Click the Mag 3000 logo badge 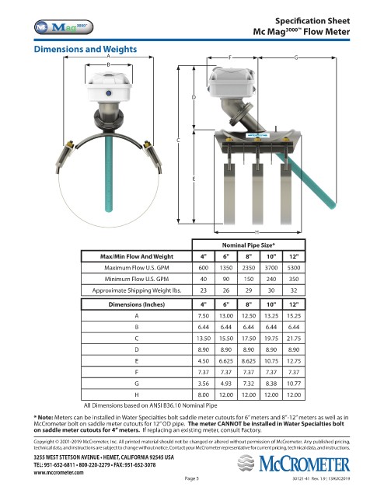pos(64,27)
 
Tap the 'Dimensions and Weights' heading pos(86,49)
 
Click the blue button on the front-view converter pos(109,93)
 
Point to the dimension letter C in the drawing pos(178,140)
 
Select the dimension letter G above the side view pos(296,57)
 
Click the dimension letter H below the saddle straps pos(257,232)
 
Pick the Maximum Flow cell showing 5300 pos(294,268)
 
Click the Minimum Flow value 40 pos(204,280)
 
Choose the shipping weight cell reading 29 pos(249,290)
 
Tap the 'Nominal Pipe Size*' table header pos(249,245)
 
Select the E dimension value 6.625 pos(226,361)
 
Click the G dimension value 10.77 pos(294,384)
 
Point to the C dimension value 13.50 pos(204,339)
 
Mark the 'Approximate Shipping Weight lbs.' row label pos(137,290)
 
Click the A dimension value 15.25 pos(294,316)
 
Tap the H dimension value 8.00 pos(204,395)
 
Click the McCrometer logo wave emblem pos(246,463)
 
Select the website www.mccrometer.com pos(59,473)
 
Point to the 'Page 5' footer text pos(192,478)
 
